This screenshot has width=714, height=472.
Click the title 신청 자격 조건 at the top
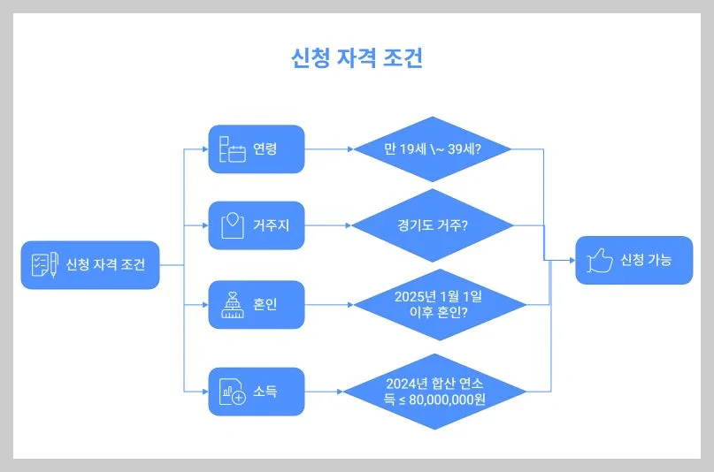pyautogui.click(x=357, y=58)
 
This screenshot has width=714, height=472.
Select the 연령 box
pyautogui.click(x=257, y=148)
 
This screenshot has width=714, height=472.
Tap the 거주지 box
pyautogui.click(x=257, y=225)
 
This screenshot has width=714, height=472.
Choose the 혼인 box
pyautogui.click(x=257, y=304)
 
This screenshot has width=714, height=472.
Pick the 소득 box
pyautogui.click(x=257, y=391)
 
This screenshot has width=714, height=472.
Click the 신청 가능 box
pyautogui.click(x=633, y=260)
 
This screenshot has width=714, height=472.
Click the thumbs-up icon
pyautogui.click(x=600, y=260)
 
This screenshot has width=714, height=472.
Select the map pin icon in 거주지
pyautogui.click(x=232, y=225)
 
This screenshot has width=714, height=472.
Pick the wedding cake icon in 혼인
pyautogui.click(x=232, y=304)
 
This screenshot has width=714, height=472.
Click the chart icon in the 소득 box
pyautogui.click(x=232, y=392)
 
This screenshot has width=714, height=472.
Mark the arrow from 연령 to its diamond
pyautogui.click(x=329, y=148)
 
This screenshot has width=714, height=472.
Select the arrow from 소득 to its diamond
pyautogui.click(x=324, y=391)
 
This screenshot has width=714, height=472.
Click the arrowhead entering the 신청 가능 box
pyautogui.click(x=572, y=261)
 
